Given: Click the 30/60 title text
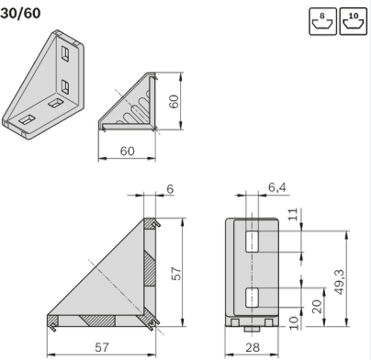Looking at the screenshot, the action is [x=20, y=13].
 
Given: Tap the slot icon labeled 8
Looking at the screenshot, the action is [x=322, y=21].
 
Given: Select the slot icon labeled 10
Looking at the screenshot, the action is [x=354, y=21].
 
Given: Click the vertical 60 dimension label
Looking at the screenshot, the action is [x=174, y=101].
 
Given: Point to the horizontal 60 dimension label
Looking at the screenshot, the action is [x=127, y=151].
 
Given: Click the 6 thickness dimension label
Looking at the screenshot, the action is [x=170, y=189].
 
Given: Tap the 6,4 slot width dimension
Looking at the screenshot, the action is [x=277, y=187].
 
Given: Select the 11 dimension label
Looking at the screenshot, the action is [x=293, y=214].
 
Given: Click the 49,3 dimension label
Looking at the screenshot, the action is [x=339, y=282].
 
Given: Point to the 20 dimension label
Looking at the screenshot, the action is [x=317, y=307].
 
